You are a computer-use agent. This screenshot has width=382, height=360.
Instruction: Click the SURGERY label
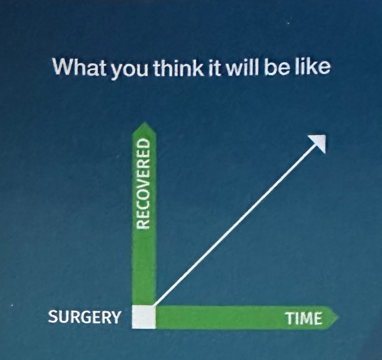(x=85, y=317)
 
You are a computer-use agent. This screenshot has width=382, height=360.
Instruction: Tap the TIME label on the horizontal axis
(x=304, y=318)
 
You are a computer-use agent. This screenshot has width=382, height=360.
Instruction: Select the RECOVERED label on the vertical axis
(x=143, y=184)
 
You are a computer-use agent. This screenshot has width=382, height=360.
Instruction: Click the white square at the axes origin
(x=144, y=317)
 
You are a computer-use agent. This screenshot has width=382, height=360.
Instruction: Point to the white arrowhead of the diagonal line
(x=318, y=143)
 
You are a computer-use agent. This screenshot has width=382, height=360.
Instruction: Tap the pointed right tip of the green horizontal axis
(x=339, y=317)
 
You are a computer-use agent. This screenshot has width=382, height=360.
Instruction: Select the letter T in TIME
(x=290, y=318)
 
